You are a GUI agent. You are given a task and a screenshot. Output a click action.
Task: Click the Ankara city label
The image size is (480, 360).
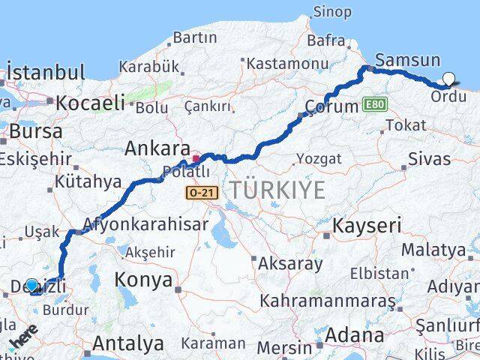(158, 148)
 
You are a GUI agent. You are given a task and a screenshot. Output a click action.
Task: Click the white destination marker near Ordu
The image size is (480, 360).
(449, 77)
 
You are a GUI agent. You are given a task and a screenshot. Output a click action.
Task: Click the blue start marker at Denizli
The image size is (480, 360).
(31, 285)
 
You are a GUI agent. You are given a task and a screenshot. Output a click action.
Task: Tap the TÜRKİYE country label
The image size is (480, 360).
(277, 190)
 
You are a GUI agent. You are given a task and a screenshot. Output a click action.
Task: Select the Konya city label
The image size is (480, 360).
(143, 280)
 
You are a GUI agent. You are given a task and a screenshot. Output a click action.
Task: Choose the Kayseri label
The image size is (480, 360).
(367, 225)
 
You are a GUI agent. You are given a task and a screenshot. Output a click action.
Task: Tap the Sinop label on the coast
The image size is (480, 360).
(331, 11)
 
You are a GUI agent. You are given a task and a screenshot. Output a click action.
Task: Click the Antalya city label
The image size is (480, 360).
(129, 343)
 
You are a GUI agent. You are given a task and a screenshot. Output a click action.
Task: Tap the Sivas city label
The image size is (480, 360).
(430, 158)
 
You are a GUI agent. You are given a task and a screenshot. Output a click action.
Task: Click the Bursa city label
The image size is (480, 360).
(36, 130)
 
